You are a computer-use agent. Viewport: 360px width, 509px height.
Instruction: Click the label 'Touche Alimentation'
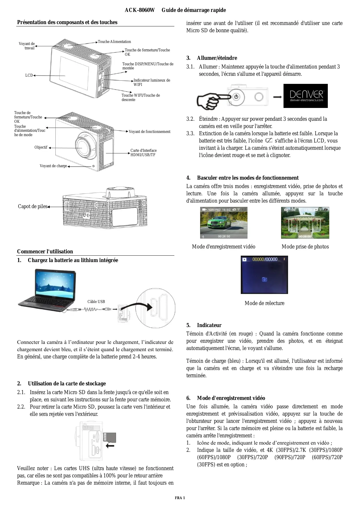pyautogui.click(x=114, y=42)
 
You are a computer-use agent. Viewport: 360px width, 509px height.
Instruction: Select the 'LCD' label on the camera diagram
pyautogui.click(x=29, y=75)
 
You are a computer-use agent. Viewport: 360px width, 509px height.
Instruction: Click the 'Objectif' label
pyautogui.click(x=41, y=147)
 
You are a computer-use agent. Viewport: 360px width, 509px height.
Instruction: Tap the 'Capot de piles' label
pyautogui.click(x=32, y=207)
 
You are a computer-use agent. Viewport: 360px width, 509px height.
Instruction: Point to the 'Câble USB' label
pyautogui.click(x=96, y=302)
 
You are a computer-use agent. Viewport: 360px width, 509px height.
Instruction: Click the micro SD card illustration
pyautogui.click(x=110, y=438)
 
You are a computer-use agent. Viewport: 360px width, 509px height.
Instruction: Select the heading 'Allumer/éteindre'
pyautogui.click(x=217, y=58)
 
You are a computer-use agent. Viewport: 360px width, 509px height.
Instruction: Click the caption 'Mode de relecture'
pyautogui.click(x=264, y=303)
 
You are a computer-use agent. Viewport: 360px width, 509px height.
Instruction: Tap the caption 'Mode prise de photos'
pyautogui.click(x=305, y=247)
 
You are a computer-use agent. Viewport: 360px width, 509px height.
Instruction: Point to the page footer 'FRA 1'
pyautogui.click(x=180, y=498)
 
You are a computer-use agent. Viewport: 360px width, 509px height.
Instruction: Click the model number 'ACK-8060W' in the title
pyautogui.click(x=140, y=10)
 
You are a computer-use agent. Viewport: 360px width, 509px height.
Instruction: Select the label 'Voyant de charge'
pyautogui.click(x=53, y=166)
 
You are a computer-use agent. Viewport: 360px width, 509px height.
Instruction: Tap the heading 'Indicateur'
pyautogui.click(x=209, y=325)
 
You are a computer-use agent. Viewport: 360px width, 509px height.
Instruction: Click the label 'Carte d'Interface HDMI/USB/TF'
pyautogui.click(x=143, y=153)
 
